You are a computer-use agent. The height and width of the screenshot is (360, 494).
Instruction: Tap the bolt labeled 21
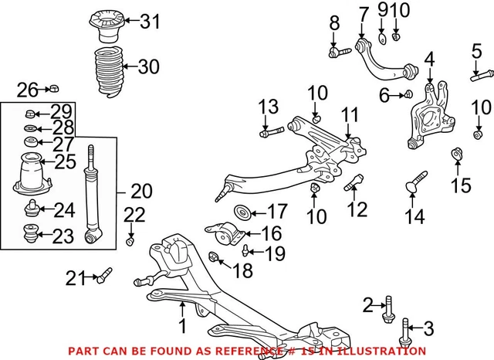click(103, 274)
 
